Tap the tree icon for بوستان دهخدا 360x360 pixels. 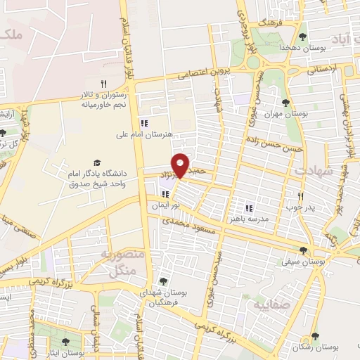pyautogui.click(x=303, y=37)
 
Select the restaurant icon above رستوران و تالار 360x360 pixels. pyautogui.click(x=103, y=84)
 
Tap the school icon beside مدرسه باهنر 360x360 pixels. pyautogui.click(x=247, y=208)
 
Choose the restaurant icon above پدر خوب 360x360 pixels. pyautogui.click(x=300, y=196)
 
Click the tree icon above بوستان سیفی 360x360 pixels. pyautogui.click(x=304, y=250)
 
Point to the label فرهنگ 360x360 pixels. pyautogui.click(x=269, y=23)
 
